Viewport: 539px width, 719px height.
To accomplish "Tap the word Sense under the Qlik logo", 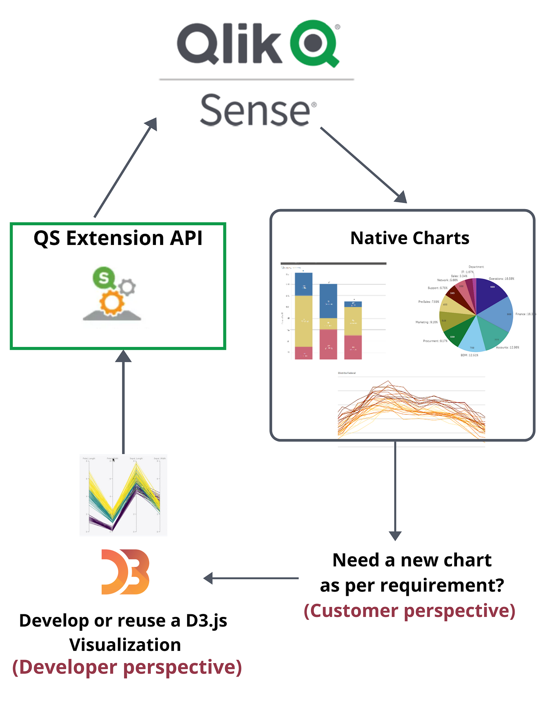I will click(x=255, y=111).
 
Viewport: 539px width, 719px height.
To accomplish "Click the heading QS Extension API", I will click(x=118, y=238).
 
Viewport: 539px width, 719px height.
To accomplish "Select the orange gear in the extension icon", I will click(x=112, y=303).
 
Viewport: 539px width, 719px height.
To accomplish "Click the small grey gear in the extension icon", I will click(x=127, y=287).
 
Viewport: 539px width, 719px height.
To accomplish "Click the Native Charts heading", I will click(x=410, y=238).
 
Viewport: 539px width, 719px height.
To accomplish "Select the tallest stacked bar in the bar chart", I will click(x=303, y=316).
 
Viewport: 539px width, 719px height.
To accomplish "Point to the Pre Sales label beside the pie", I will click(x=428, y=302).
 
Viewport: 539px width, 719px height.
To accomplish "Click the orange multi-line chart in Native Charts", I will click(x=411, y=410).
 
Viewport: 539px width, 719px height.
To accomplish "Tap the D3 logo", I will click(x=125, y=572).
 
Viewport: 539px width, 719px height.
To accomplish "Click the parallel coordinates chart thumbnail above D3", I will click(x=123, y=495).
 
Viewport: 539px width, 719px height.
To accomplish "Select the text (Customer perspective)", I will click(x=410, y=611).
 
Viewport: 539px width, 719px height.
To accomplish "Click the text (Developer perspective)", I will click(x=127, y=667).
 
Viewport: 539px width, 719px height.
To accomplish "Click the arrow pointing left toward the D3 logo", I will click(x=250, y=578).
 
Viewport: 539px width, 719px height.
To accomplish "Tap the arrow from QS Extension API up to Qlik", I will click(x=125, y=168).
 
